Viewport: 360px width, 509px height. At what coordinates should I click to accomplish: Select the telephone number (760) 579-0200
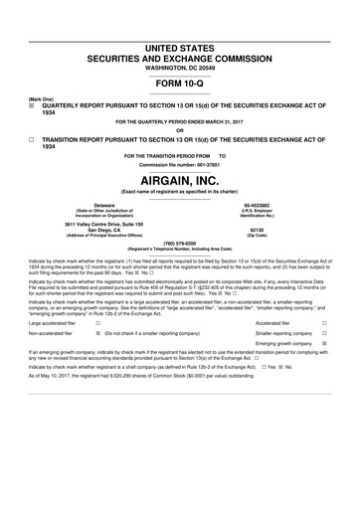[x=179, y=242]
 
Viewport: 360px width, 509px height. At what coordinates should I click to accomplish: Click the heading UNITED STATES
[x=179, y=48]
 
